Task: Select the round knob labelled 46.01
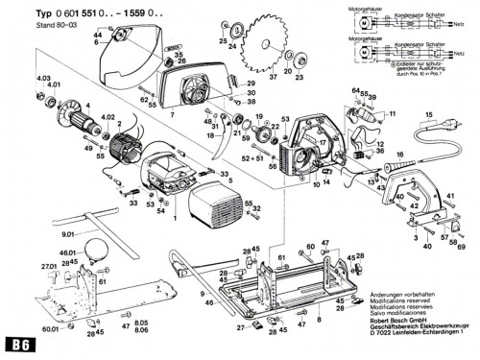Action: [x=96, y=252]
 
